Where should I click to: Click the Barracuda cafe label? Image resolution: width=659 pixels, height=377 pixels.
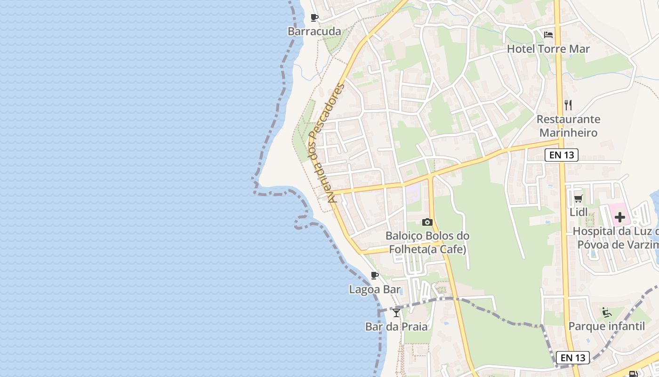314,32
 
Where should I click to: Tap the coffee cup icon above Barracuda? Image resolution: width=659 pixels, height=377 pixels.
314,18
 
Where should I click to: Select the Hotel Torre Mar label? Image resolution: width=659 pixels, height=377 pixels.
548,49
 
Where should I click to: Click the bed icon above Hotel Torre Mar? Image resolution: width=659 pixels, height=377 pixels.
548,35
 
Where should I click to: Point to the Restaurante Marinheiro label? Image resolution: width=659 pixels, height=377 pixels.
568,126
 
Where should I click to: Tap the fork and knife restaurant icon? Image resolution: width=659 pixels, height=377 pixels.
568,105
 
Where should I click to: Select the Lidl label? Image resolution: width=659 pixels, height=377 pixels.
579,212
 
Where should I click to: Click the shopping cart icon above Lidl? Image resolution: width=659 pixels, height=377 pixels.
579,198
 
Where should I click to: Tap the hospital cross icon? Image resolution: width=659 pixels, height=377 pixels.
620,217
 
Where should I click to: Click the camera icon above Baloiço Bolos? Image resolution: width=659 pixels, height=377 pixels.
427,222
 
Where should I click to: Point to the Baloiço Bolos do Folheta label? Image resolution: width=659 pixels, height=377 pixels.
427,242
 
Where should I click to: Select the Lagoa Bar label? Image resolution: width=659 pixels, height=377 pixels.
375,289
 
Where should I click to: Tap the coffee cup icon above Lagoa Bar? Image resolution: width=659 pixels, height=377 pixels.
375,275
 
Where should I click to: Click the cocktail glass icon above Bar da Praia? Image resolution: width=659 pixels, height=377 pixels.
396,312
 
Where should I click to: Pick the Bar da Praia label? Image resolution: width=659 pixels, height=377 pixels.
396,326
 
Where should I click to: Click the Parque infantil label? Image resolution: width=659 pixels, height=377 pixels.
606,326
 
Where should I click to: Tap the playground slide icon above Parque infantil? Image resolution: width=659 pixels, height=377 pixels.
606,312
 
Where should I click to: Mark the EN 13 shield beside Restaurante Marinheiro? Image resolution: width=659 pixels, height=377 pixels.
561,155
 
